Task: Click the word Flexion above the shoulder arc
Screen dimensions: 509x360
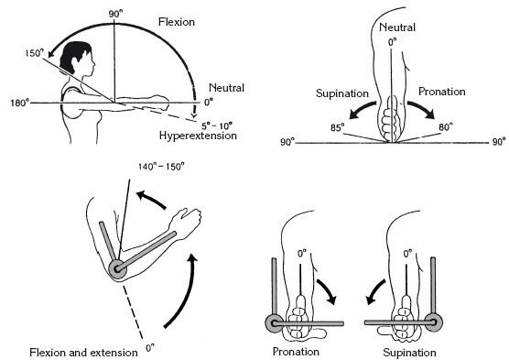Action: (x=177, y=22)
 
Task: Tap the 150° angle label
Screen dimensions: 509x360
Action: (x=35, y=53)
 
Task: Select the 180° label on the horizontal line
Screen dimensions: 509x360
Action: (x=20, y=103)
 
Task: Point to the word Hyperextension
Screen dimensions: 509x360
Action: (x=198, y=136)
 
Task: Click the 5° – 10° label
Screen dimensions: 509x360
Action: (x=217, y=125)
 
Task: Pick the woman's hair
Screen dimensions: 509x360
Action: (x=77, y=56)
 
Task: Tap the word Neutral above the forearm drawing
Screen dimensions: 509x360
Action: (x=397, y=27)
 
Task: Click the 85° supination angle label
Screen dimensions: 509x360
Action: (x=337, y=127)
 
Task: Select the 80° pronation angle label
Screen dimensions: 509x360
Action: (x=446, y=126)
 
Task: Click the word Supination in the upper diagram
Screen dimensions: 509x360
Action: (x=342, y=93)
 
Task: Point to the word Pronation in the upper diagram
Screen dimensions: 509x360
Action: (x=442, y=92)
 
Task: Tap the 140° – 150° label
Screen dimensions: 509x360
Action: (x=162, y=167)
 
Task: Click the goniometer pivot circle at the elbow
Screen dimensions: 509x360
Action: (x=117, y=268)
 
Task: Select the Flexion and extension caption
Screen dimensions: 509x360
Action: (x=83, y=353)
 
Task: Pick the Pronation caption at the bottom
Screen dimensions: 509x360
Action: (x=296, y=352)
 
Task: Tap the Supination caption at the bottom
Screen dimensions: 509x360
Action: (x=409, y=353)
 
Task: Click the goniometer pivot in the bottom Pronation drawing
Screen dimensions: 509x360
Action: (x=274, y=323)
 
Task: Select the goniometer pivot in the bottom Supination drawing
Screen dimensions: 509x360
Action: (x=434, y=322)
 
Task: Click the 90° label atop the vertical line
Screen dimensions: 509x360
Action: (x=116, y=15)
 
